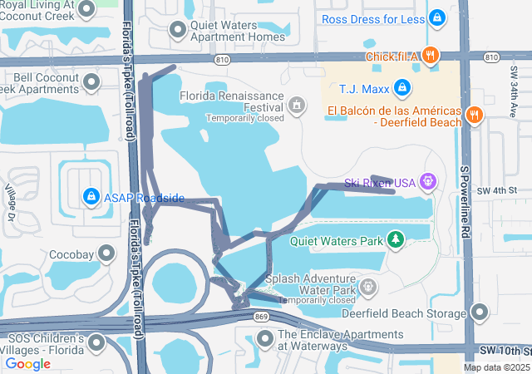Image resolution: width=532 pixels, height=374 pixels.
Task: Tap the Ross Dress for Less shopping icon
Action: (x=436, y=18)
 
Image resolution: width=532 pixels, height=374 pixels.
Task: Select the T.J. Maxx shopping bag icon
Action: (x=401, y=87)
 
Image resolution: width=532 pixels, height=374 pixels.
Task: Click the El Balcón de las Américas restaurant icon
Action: (x=475, y=115)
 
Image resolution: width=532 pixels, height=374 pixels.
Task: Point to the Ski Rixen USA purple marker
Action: (x=428, y=180)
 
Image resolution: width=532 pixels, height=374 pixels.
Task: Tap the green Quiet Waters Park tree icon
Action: (x=397, y=241)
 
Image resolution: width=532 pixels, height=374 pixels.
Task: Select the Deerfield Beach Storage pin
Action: (x=479, y=312)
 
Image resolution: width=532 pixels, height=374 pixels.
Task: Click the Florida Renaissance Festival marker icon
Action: (x=297, y=106)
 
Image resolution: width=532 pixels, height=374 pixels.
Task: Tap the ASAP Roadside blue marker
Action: (x=91, y=197)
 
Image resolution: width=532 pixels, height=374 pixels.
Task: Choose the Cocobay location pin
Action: (x=106, y=252)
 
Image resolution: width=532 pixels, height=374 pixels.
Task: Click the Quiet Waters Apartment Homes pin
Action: (x=177, y=31)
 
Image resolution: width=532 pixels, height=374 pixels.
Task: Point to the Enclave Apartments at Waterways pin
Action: (x=265, y=338)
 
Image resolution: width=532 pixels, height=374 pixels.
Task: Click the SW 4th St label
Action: (x=497, y=190)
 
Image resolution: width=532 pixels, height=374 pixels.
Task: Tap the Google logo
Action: (x=27, y=363)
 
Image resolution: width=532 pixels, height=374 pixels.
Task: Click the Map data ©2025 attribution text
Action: (x=495, y=367)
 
